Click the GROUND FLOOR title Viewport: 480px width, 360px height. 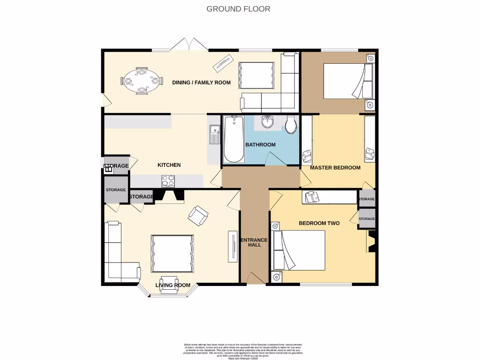tap(238, 8)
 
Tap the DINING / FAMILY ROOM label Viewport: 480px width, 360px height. tap(202, 82)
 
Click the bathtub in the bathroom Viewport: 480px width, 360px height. tap(233, 139)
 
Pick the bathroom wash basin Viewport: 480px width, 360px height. tap(268, 122)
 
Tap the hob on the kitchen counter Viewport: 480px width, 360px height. tap(168, 181)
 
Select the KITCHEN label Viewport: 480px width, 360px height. tap(169, 165)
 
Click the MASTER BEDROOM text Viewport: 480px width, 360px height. tap(335, 168)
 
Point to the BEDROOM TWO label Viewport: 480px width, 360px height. tap(319, 223)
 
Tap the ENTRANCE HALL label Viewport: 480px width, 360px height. tap(254, 242)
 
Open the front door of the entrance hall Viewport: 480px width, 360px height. tap(255, 279)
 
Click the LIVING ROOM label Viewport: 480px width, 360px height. tap(173, 285)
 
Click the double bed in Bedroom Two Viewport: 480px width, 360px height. tap(300, 250)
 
